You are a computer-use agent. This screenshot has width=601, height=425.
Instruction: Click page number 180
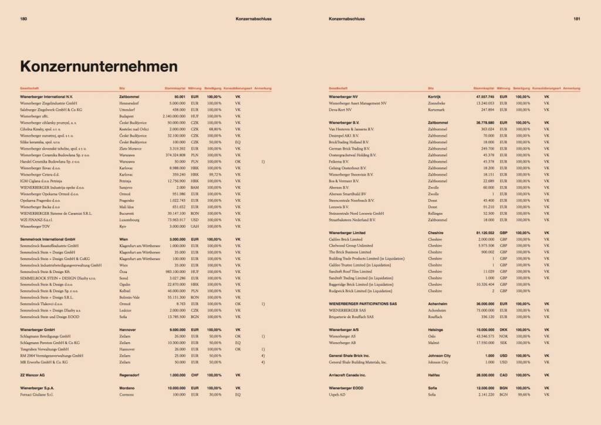pyautogui.click(x=24, y=19)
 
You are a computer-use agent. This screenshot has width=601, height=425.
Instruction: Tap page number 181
pyautogui.click(x=577, y=19)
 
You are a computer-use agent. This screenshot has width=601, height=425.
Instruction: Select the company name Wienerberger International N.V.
pyautogui.click(x=46, y=96)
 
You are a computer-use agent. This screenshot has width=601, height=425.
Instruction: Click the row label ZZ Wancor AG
pyautogui.click(x=32, y=374)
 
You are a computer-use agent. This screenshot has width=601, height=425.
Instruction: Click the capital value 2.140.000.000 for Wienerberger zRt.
pyautogui.click(x=169, y=116)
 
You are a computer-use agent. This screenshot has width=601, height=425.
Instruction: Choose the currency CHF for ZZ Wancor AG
pyautogui.click(x=195, y=374)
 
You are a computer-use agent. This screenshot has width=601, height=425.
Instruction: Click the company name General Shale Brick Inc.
pyautogui.click(x=349, y=356)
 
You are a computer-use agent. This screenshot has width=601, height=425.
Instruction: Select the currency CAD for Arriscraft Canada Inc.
pyautogui.click(x=503, y=374)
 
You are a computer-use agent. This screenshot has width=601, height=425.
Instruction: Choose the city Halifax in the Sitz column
pyautogui.click(x=435, y=374)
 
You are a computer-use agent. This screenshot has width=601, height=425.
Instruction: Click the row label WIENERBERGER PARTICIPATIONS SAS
pyautogui.click(x=364, y=303)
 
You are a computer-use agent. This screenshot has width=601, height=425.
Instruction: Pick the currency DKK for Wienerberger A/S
pyautogui.click(x=503, y=330)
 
